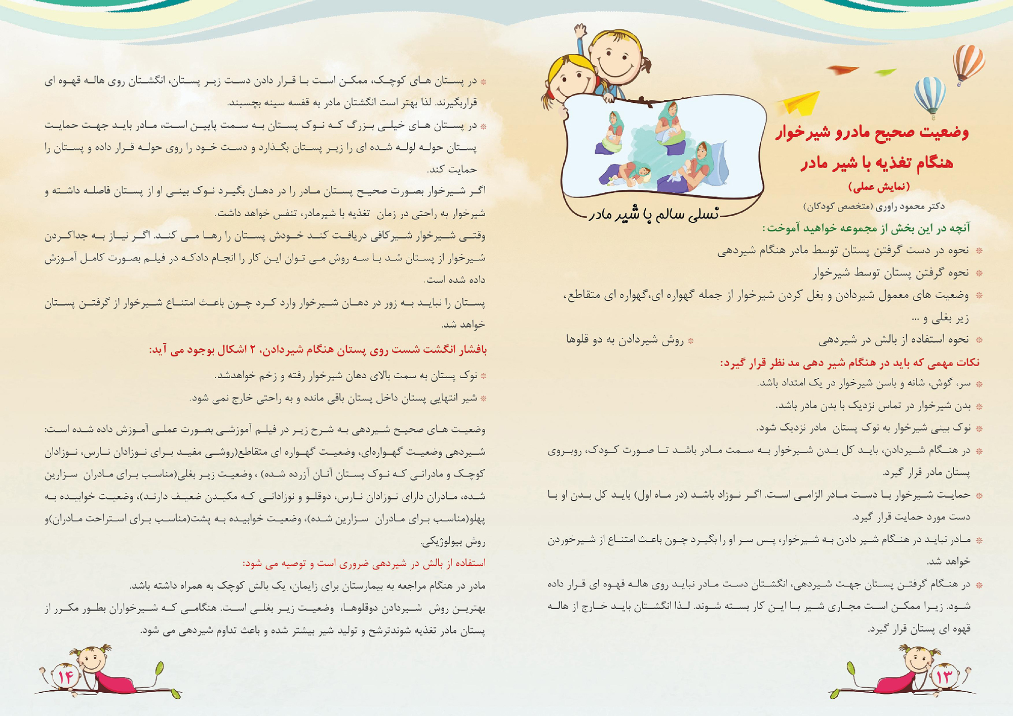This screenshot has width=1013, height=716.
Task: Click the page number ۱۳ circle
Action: coord(944,677)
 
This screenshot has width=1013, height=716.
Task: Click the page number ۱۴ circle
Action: coord(65,676)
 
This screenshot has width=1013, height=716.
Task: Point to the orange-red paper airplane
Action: coord(843,70)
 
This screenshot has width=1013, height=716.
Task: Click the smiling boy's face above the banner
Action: coord(616,55)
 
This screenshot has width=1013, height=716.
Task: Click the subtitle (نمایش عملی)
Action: coord(879,187)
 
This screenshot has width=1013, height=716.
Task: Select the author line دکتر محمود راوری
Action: coord(874,206)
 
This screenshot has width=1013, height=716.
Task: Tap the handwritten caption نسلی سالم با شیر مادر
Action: coord(653,214)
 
